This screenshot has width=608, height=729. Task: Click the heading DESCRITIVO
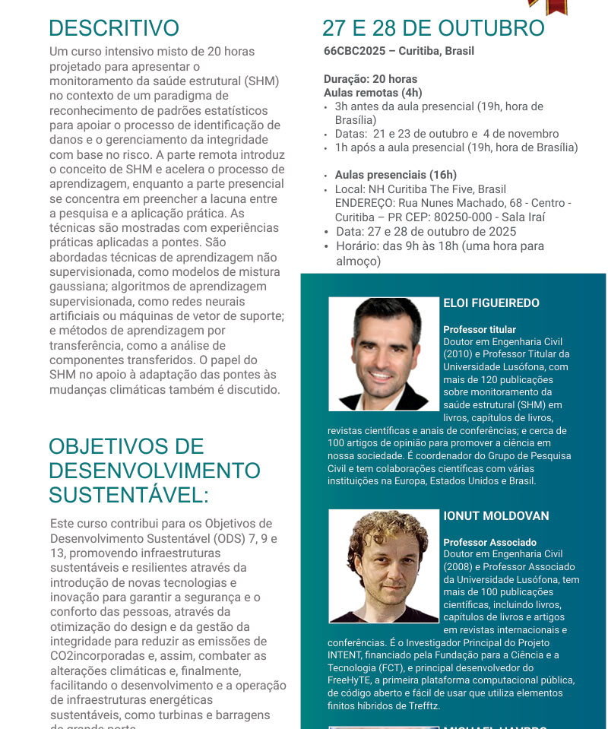tap(114, 28)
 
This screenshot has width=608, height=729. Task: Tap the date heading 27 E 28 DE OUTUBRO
tap(433, 28)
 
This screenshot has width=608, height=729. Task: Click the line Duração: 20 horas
tap(370, 79)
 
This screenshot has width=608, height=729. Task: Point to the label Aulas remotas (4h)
tap(372, 92)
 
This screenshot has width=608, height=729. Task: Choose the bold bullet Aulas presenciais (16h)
tap(396, 175)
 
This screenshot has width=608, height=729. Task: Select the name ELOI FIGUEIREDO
tap(491, 303)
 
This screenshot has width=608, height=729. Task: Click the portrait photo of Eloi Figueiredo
tap(384, 353)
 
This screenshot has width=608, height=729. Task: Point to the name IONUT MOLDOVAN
tap(496, 516)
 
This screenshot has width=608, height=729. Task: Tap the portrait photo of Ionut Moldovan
tap(384, 566)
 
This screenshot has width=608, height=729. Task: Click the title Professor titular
tap(480, 330)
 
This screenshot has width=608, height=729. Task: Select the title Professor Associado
tap(489, 543)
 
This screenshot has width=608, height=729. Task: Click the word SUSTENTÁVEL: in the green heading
tap(128, 496)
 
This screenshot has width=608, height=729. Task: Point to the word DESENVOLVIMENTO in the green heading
tap(154, 471)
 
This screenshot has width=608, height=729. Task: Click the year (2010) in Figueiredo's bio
tap(457, 354)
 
